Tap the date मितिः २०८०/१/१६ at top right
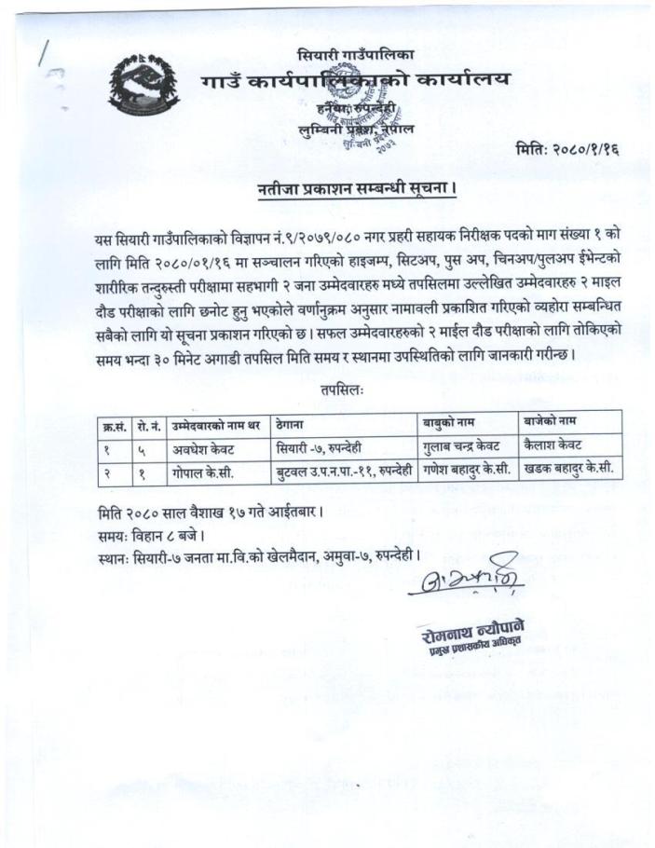[568, 150]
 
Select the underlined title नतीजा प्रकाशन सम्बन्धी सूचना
[357, 191]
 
